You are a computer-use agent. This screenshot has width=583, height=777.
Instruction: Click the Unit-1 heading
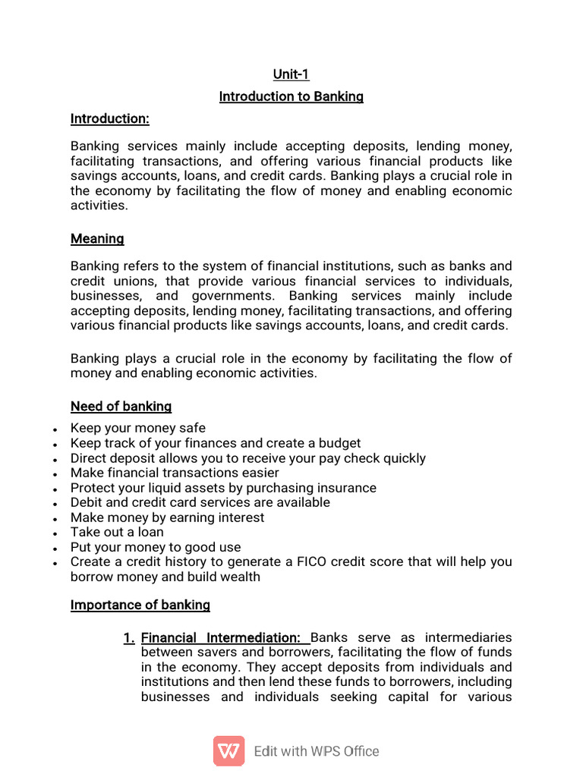[291, 74]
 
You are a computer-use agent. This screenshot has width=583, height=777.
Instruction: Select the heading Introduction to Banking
[291, 96]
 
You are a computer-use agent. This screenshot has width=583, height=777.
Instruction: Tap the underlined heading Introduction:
[110, 118]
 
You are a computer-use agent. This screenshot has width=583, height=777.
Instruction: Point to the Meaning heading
[97, 238]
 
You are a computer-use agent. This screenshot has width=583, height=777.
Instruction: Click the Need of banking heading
[121, 406]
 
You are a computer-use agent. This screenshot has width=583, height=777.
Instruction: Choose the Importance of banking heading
[140, 605]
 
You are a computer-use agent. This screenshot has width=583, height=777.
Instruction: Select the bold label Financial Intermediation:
[221, 637]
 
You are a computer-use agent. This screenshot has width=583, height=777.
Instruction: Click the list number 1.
[129, 637]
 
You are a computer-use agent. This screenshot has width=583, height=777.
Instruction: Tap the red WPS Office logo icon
[228, 751]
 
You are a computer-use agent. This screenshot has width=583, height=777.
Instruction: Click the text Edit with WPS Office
[317, 751]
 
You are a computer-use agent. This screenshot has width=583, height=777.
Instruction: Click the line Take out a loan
[117, 532]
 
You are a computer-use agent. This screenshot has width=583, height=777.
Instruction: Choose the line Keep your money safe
[138, 428]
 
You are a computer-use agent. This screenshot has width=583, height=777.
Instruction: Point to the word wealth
[240, 577]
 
